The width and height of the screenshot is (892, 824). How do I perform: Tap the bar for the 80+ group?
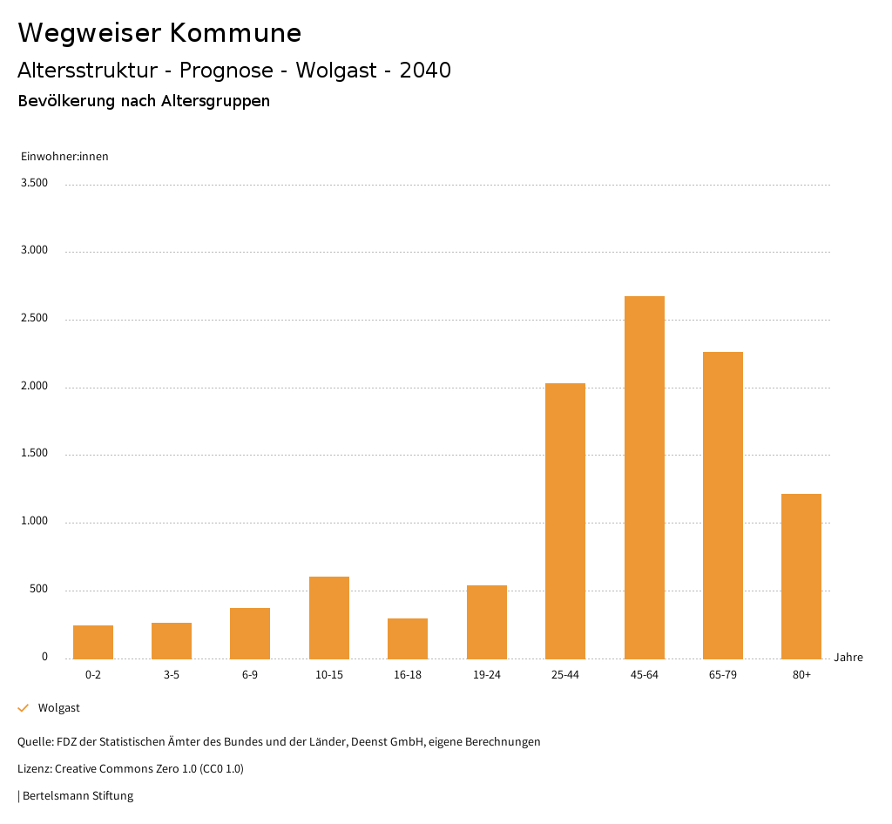coord(801,576)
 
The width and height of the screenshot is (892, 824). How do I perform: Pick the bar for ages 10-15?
coord(329,618)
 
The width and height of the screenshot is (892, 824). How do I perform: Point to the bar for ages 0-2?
coord(93,642)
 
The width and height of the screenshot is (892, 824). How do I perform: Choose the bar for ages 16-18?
coord(408,638)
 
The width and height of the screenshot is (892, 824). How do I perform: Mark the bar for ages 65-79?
coord(723,505)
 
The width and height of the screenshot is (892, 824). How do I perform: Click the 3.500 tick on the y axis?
coord(35,183)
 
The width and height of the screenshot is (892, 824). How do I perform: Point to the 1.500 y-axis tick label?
coord(35,454)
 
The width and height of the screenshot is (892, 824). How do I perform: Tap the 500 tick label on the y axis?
coord(38,590)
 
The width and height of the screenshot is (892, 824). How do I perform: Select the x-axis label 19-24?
coord(486,675)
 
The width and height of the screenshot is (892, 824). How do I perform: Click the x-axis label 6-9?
coord(250,675)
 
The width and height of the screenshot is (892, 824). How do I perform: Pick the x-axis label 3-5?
coord(172,675)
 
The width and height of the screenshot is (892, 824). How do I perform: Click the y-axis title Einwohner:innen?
coord(64,157)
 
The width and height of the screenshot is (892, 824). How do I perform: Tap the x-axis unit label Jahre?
coord(848,658)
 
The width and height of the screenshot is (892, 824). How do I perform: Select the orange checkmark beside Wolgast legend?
coord(24,708)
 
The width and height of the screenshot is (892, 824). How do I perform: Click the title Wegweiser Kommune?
coord(159,33)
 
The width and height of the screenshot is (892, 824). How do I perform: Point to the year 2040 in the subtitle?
coord(425,71)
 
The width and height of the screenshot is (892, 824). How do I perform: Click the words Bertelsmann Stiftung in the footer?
coord(78,795)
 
